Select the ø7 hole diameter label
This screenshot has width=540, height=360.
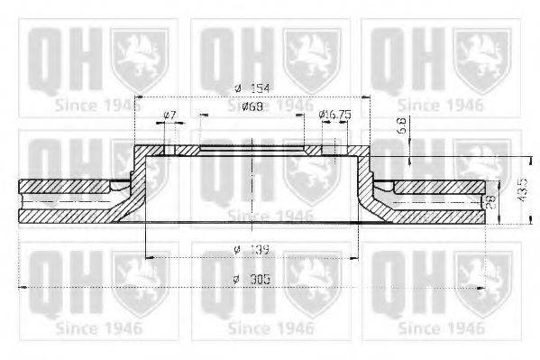[x=169, y=115]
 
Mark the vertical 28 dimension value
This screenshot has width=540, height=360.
[x=491, y=203]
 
